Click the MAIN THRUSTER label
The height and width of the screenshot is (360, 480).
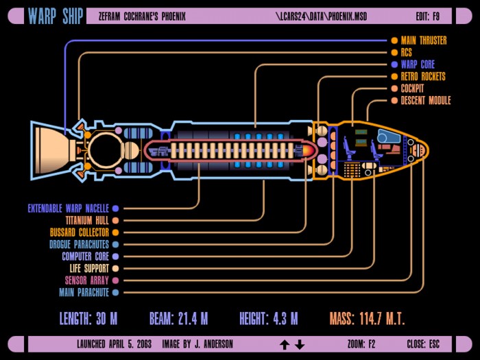pos(424,40)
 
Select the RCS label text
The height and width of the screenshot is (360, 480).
pos(407,52)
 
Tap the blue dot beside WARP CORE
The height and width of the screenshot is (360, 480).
pos(394,64)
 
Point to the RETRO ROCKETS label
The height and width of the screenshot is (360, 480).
pos(423,76)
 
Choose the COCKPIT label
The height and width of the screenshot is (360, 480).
pos(412,88)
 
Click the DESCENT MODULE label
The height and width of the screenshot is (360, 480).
pos(426,100)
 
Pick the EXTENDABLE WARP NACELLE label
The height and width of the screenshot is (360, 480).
pos(69,208)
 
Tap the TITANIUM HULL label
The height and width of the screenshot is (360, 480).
pos(87,220)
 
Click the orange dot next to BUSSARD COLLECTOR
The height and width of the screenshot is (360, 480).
pos(115,232)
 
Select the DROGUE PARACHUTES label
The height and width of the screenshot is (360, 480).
pos(80,244)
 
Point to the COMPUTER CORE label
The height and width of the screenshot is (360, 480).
pos(86,256)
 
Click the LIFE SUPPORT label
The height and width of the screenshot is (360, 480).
pos(89,269)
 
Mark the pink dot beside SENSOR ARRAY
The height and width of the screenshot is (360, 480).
pos(115,280)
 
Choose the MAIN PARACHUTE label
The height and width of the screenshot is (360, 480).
pos(84,292)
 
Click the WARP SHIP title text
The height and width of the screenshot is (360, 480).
pos(56,16)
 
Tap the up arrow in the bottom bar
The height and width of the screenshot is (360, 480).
pos(285,345)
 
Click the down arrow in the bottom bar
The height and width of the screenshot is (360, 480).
pos(300,345)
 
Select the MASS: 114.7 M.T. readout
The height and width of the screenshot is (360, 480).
pos(367,319)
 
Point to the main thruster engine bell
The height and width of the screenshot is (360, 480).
pos(52,150)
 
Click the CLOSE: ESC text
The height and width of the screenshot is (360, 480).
pos(423,344)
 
